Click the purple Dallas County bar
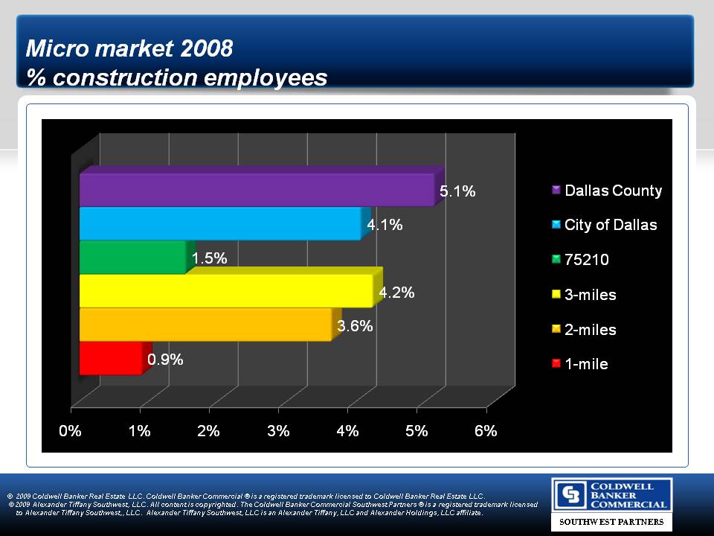(x=257, y=190)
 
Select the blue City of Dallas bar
(x=220, y=223)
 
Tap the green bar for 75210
(x=132, y=257)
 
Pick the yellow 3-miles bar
(x=225, y=290)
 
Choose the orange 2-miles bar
(x=205, y=325)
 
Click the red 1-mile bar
(x=110, y=359)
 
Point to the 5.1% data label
(x=457, y=191)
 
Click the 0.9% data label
(x=165, y=360)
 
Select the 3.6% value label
(x=355, y=325)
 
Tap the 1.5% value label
(x=209, y=258)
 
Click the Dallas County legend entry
(x=613, y=191)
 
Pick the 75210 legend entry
(x=587, y=260)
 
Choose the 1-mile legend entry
(x=586, y=364)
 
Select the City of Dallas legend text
(x=611, y=225)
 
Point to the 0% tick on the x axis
(x=71, y=431)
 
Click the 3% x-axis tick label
(x=279, y=431)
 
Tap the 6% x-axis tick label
(x=486, y=431)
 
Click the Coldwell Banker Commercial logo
(x=611, y=495)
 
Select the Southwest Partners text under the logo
(x=611, y=523)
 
